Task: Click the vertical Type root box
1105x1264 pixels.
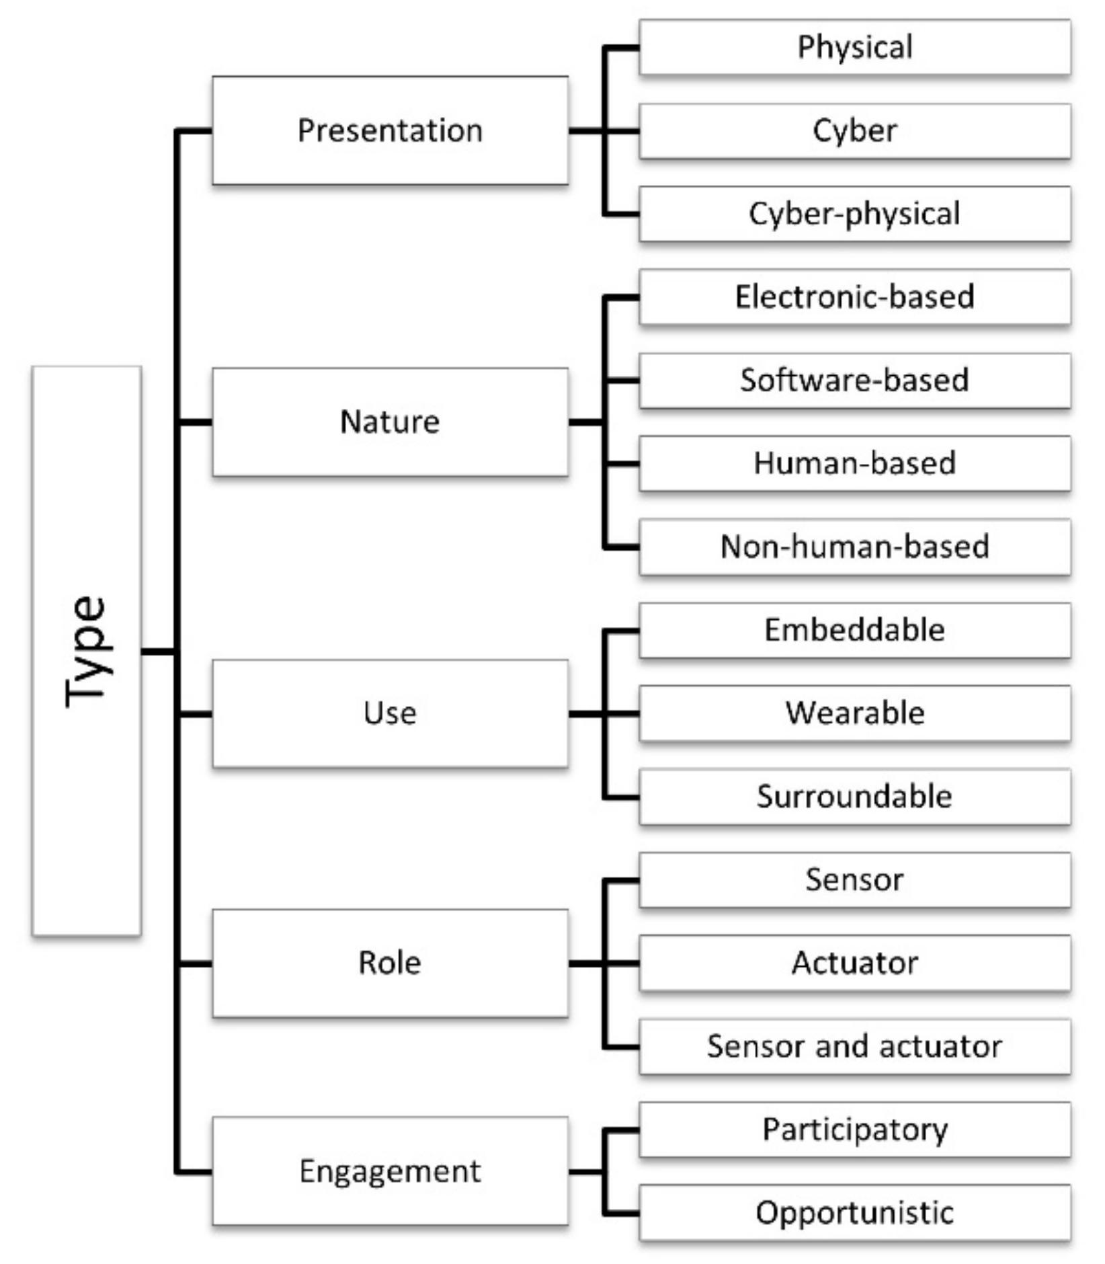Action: click(x=86, y=650)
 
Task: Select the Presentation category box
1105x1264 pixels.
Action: click(x=390, y=130)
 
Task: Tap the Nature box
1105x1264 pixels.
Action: click(x=390, y=422)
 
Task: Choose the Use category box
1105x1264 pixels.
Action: click(x=390, y=713)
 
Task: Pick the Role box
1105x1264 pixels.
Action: click(x=390, y=963)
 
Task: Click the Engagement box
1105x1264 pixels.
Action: click(x=390, y=1171)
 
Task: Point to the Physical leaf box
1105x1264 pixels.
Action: click(x=854, y=47)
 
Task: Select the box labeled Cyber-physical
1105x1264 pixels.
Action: click(x=854, y=214)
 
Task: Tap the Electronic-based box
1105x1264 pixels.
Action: click(x=854, y=297)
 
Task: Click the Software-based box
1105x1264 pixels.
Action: click(x=854, y=381)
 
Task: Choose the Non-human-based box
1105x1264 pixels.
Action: click(x=854, y=547)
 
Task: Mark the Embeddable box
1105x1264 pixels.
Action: click(x=854, y=630)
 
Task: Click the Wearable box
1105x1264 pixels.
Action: click(x=854, y=713)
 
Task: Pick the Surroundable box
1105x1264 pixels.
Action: click(x=854, y=797)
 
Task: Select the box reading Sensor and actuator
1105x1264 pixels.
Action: click(x=854, y=1046)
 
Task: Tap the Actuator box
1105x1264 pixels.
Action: click(x=854, y=963)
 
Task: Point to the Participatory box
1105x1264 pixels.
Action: click(x=854, y=1130)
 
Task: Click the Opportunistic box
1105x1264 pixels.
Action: click(x=854, y=1213)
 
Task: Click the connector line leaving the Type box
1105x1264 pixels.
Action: click(x=159, y=651)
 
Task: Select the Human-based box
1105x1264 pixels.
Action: click(x=854, y=463)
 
